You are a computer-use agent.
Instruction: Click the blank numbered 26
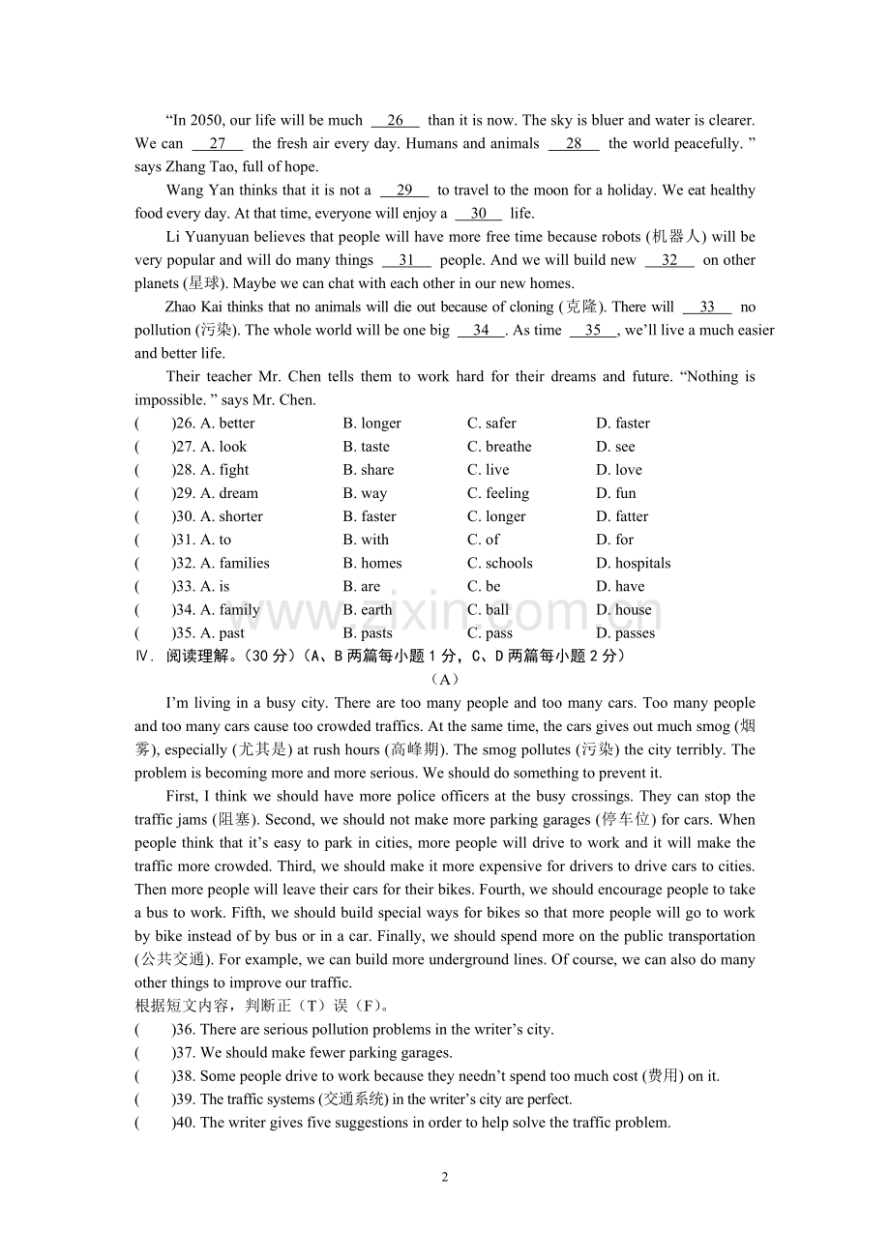click(x=395, y=121)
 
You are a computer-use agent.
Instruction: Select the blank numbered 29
click(x=404, y=190)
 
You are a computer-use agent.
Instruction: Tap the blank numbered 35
click(x=593, y=331)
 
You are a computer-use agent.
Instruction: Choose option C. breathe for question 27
click(x=499, y=447)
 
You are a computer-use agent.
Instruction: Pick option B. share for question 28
click(x=368, y=470)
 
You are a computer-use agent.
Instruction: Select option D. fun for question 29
click(x=615, y=493)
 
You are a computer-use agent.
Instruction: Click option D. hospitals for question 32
click(x=633, y=563)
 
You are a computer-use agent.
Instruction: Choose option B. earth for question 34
click(x=367, y=610)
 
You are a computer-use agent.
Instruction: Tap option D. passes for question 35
click(x=625, y=633)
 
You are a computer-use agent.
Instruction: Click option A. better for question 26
click(x=227, y=424)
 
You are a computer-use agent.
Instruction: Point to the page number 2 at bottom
click(x=445, y=1177)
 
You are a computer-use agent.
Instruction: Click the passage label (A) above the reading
click(x=445, y=680)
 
